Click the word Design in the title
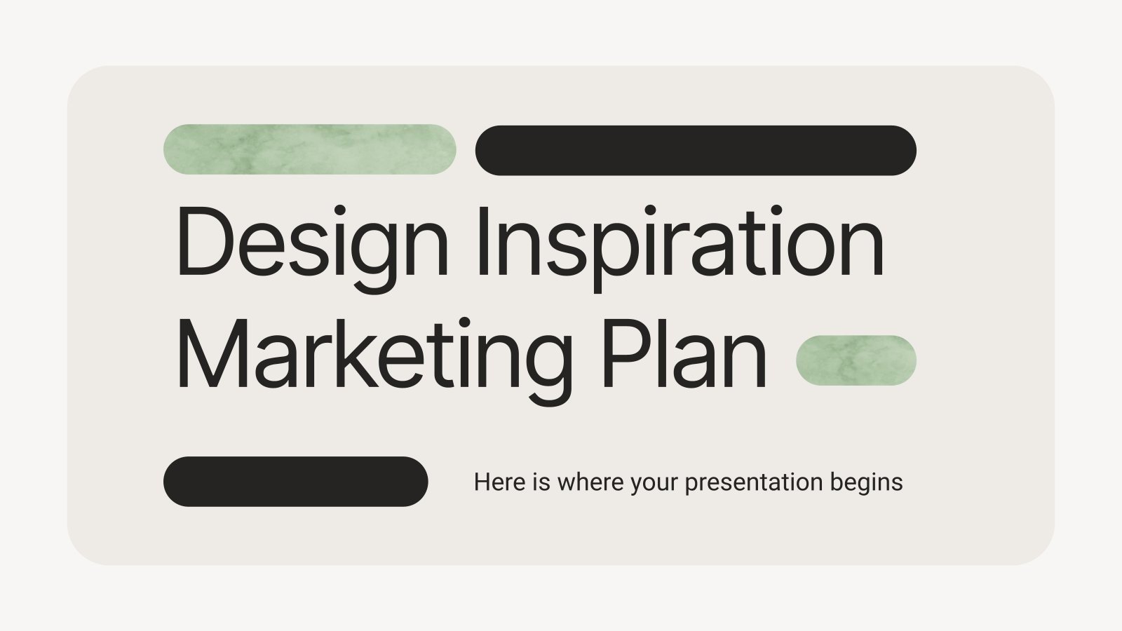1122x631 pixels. point(312,242)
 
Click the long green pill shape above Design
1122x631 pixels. point(309,149)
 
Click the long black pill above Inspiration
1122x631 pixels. point(695,150)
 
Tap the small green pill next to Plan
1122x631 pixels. point(856,360)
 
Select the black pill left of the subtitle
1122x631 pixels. point(295,482)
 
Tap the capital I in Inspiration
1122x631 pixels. point(482,242)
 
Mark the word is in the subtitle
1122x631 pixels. point(541,482)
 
